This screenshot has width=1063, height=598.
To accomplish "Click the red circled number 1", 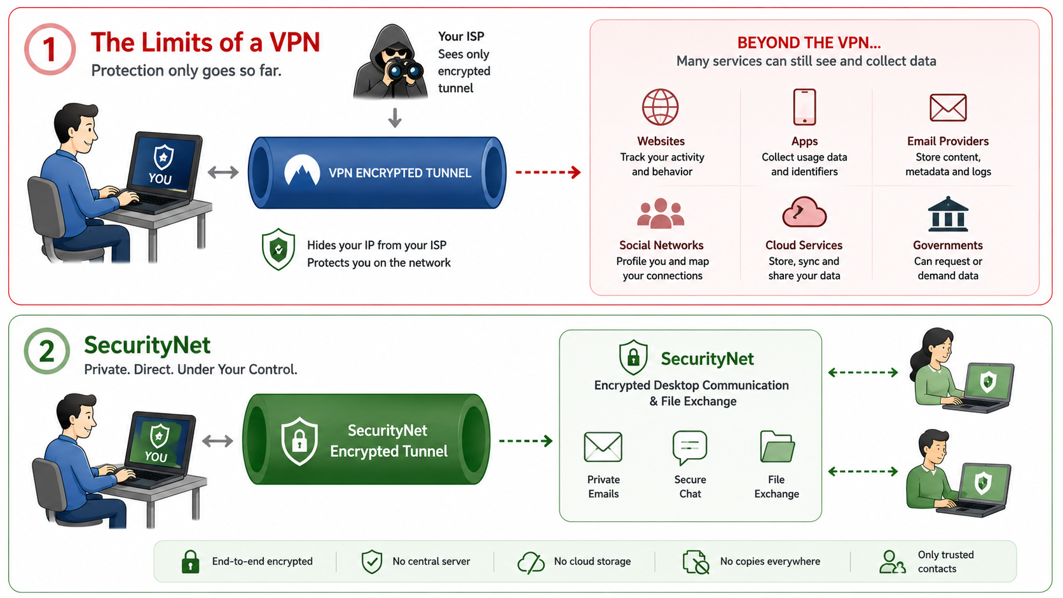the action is coord(50,49).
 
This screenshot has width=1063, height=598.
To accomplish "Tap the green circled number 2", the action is coord(46,351).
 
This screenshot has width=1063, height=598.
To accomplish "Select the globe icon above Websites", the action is coord(660,107).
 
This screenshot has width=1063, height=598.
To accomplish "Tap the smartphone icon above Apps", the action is coord(804,107).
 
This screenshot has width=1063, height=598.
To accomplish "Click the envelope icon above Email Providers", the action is coord(948,107).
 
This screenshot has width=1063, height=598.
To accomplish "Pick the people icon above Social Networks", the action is coord(661,214).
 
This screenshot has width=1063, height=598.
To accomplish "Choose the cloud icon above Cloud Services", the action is coord(804,212).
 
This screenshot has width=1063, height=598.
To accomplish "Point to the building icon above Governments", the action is coord(948,214).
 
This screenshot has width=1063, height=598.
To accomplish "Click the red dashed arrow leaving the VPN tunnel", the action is coord(548,172).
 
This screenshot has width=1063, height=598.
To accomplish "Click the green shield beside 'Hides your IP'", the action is coord(278,250).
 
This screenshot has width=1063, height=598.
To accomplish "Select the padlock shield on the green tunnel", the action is coord(299,441).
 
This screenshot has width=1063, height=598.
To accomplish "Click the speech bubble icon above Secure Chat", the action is coord(690,447).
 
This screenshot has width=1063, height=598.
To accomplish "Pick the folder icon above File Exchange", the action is coord(777,447).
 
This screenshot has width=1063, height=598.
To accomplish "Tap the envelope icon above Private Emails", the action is coord(603,447).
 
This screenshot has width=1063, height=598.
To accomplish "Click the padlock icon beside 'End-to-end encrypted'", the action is coord(190,562).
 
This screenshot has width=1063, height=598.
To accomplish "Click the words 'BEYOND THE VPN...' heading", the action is coord(809,43).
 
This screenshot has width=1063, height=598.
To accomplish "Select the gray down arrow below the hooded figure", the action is coord(395,118).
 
